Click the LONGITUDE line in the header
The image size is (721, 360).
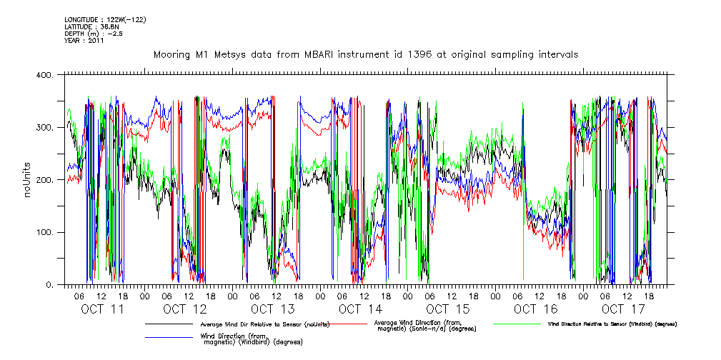tap(105, 19)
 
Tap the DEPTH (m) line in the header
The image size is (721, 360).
tap(93, 34)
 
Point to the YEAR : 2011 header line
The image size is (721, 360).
tap(84, 41)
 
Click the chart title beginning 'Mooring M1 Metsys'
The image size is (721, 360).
tap(366, 54)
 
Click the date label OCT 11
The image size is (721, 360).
tap(102, 309)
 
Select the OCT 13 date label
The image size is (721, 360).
tap(272, 309)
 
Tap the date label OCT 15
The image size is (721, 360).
tap(447, 309)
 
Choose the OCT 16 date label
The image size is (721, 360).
tap(535, 309)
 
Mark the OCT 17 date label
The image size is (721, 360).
tap(622, 309)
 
